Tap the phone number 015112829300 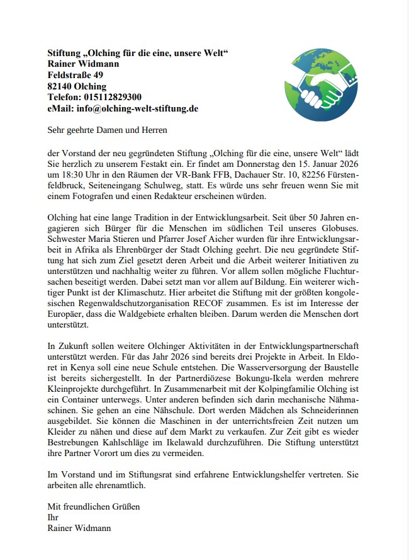[x=113, y=97]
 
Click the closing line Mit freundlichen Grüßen [x=94, y=506]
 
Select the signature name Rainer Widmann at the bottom [x=79, y=528]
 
